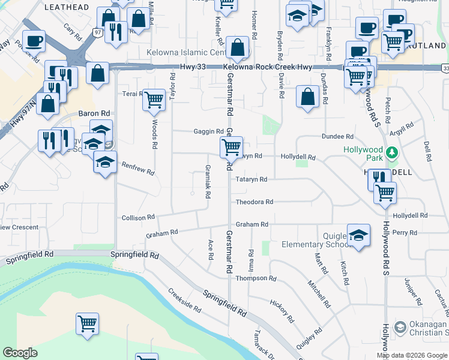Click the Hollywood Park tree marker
coord(392,152)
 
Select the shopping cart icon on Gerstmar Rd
coord(231,146)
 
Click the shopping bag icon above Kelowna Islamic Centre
coord(238,47)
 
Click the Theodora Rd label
coord(255,202)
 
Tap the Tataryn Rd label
coord(252,179)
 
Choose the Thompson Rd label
coord(256,279)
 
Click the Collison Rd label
coord(138,217)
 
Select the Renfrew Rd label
coord(138,168)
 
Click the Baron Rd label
coord(95,113)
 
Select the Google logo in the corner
coord(20,352)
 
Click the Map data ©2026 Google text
coord(412,355)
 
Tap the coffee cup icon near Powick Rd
coord(34,41)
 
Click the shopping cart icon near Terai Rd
coord(154,99)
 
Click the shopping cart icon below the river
coord(87,323)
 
